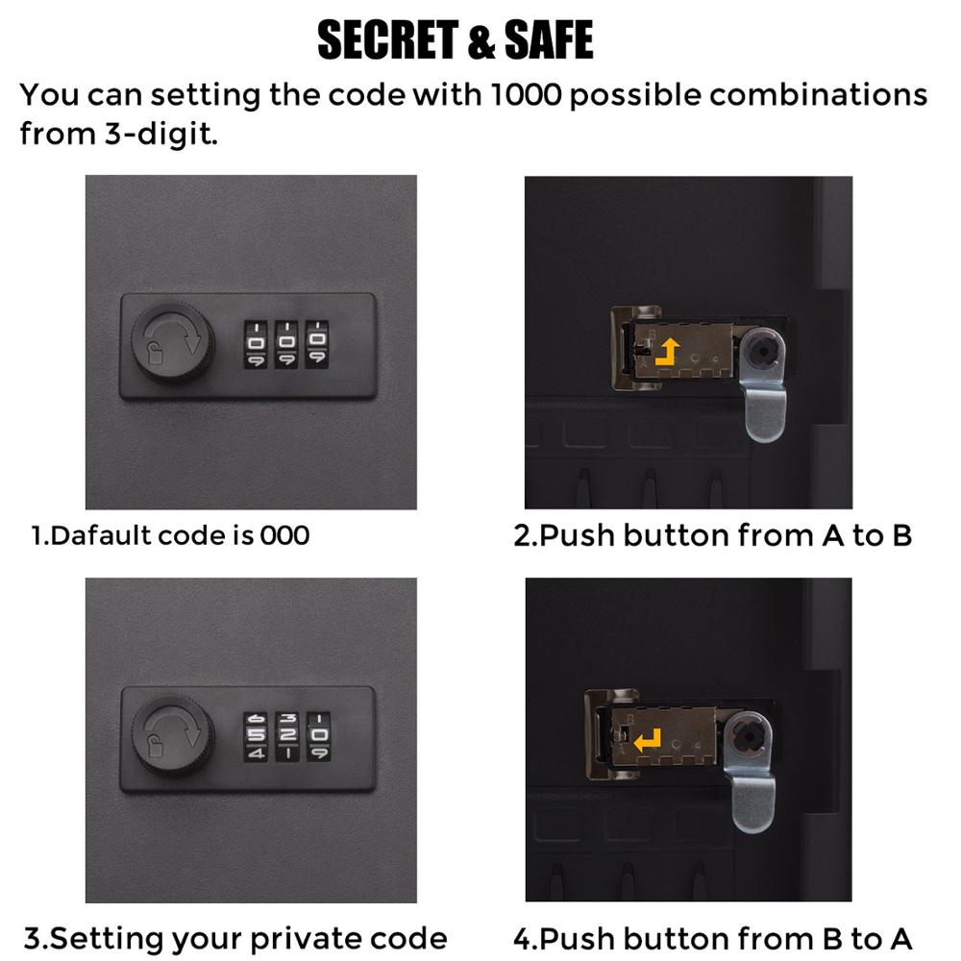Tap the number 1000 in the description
coord(522,95)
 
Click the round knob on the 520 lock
coord(171,734)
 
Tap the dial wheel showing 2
coord(286,735)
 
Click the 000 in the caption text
coord(284,534)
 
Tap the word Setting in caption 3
coord(107,937)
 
